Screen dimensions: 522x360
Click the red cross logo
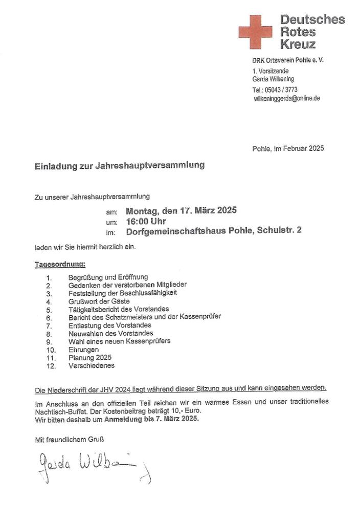(255, 32)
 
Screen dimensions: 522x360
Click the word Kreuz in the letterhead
(298, 44)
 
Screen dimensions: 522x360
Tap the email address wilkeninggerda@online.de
(287, 98)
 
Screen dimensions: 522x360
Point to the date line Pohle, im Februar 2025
(288, 148)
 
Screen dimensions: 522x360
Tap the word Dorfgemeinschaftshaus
(180, 231)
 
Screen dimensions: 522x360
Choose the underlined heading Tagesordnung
(59, 264)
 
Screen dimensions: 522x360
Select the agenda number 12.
(50, 366)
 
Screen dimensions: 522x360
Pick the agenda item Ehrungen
(83, 350)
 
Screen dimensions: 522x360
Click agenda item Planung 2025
(89, 358)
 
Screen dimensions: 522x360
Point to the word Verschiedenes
(92, 366)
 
